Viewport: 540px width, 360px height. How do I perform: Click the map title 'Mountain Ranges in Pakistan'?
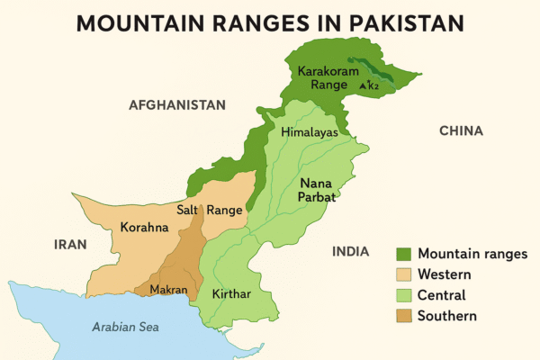[x=269, y=22]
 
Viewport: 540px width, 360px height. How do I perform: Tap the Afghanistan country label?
[x=176, y=105]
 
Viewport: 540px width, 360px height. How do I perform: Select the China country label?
[x=461, y=130]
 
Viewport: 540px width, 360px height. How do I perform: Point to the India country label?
[x=351, y=251]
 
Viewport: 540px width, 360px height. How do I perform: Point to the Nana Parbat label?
[x=317, y=189]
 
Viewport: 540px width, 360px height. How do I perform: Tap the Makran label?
[x=168, y=289]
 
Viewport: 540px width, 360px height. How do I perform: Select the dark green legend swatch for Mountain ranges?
[x=403, y=254]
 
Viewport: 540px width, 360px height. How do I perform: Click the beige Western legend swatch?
[x=403, y=274]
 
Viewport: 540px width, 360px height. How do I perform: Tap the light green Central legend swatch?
[x=403, y=295]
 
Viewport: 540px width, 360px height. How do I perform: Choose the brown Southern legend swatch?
[x=403, y=316]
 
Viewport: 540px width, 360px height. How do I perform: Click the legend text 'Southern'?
[x=447, y=316]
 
